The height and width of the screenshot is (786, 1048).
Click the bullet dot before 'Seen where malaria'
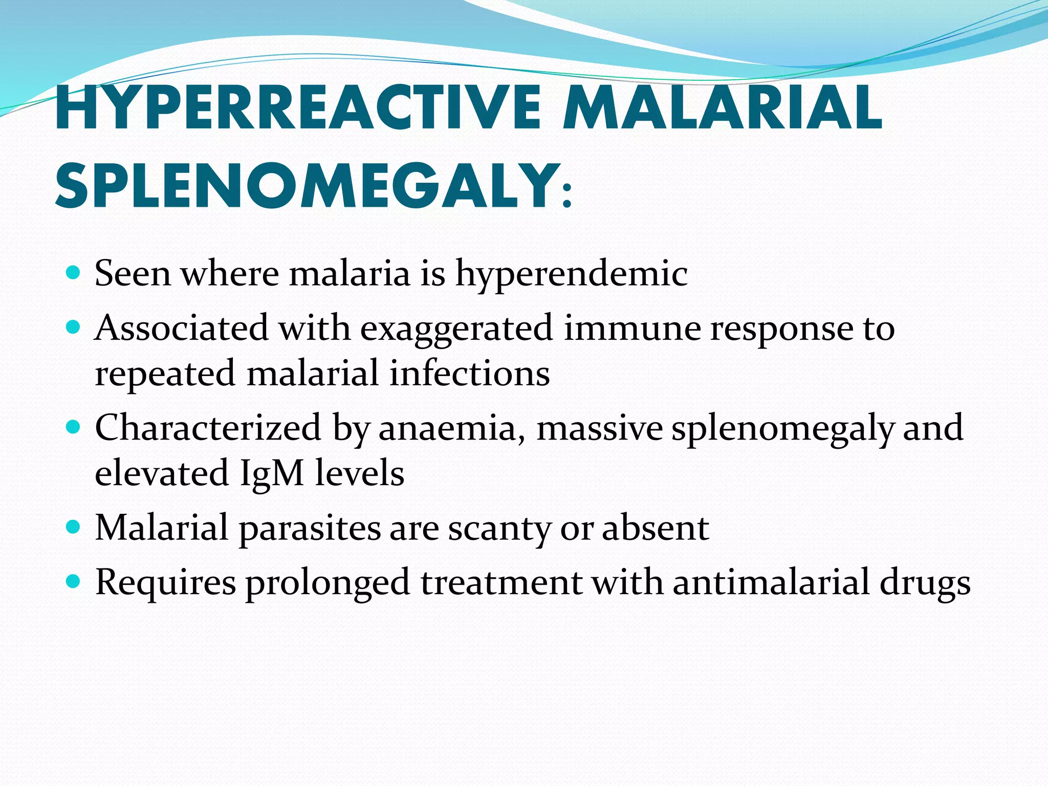[74, 272]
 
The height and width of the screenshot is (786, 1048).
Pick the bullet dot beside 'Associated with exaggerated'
[74, 326]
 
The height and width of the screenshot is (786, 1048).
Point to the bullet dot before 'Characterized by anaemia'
[74, 426]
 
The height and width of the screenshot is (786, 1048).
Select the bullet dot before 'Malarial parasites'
[74, 526]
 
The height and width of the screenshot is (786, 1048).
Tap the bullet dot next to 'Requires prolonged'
[74, 581]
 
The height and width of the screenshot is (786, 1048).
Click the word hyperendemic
[571, 274]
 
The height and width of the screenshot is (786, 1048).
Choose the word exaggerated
[456, 329]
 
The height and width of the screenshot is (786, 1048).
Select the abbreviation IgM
[272, 473]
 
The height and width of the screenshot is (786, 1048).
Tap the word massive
[599, 428]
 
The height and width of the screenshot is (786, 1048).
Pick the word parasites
[310, 529]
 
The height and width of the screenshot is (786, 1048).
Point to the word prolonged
[327, 583]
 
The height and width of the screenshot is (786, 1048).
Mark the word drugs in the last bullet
[925, 583]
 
